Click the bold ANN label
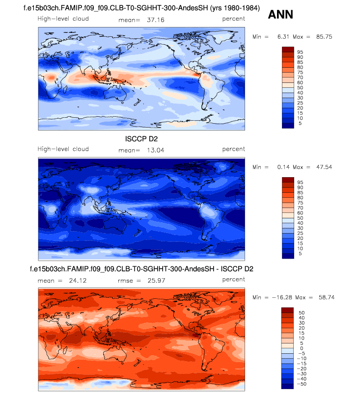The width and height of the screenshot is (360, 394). click(x=280, y=15)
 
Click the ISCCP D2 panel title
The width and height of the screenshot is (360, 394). click(x=141, y=139)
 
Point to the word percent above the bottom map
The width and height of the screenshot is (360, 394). click(x=233, y=279)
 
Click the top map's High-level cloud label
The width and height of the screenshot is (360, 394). click(x=63, y=19)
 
